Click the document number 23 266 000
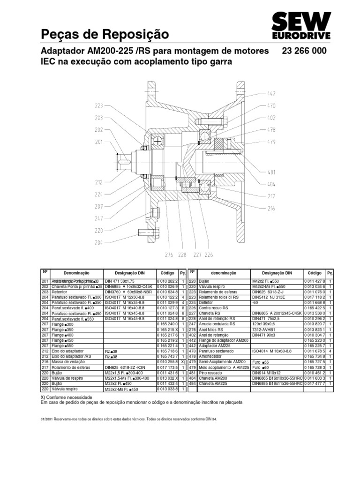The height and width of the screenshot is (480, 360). point(304,51)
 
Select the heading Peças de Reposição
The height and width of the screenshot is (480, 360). point(105,34)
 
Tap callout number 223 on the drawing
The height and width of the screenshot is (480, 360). point(98,106)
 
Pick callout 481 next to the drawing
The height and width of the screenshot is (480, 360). point(271,172)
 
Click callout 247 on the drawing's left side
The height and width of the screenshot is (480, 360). point(98,218)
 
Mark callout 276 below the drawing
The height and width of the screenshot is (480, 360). point(169,255)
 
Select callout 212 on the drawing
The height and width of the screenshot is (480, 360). point(98,182)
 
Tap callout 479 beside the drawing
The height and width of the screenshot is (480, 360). point(271,142)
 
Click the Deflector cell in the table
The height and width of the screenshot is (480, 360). point(208,302)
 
